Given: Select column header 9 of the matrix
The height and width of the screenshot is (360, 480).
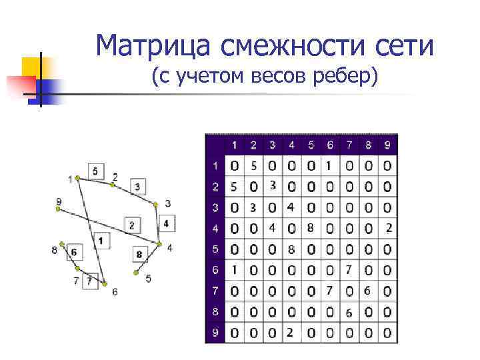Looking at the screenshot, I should pos(387,145).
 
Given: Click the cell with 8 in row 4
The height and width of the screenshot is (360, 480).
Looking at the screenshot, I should pos(310,228).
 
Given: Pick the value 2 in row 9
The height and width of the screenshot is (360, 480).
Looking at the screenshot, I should pos(291,332).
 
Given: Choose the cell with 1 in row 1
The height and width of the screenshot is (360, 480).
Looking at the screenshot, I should pos(329,165).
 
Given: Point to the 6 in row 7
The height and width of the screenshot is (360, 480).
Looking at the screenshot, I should pos(367,291).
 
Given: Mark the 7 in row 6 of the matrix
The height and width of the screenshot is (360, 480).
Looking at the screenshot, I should pos(348,269).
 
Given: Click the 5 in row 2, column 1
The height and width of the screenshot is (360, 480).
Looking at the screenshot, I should pos(233,186).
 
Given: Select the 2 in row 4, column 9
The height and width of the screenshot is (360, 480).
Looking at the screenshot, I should pos(388,228).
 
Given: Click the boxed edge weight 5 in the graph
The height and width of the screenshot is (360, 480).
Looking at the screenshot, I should pos(95,171).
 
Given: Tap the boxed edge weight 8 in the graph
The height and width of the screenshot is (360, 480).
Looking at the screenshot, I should pos(139,254).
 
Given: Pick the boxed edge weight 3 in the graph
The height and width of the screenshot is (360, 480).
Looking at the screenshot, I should pos(137,186).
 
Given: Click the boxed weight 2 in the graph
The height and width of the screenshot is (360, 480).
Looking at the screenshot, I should pos(131,225).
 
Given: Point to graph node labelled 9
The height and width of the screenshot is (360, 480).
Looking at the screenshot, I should pos(58,209).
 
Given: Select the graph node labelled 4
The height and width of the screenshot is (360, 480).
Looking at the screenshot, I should pos(160,244).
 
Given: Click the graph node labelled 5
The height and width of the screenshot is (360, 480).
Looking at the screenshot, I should pos(135,273).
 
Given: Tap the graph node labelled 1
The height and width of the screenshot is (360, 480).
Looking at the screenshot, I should pos(77,177).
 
